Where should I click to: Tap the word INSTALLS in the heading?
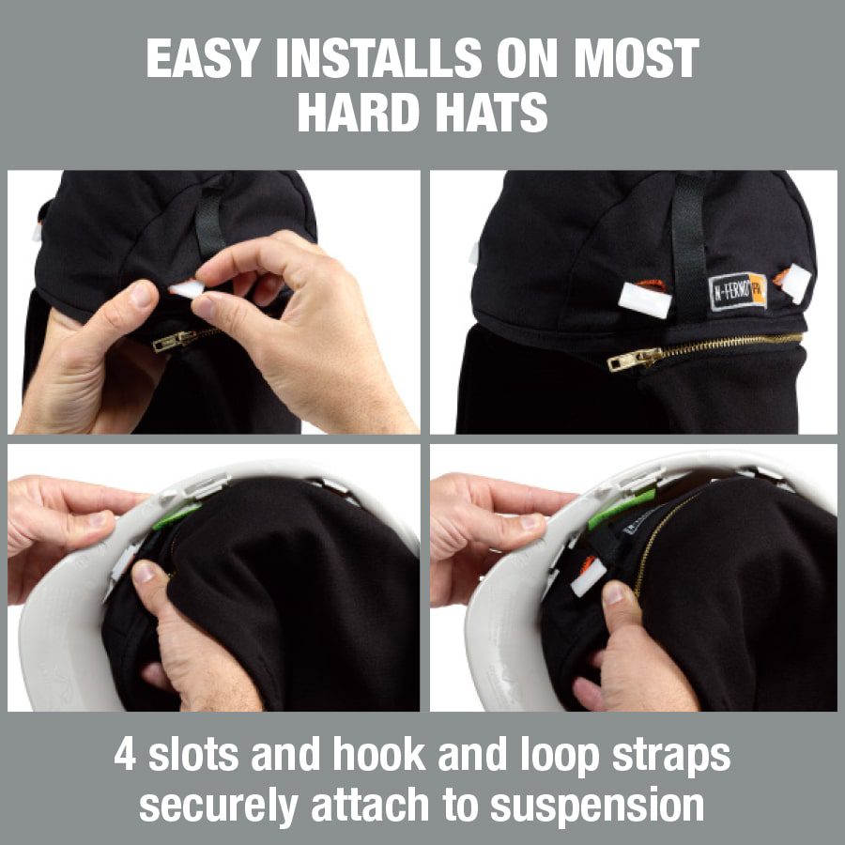click(x=378, y=58)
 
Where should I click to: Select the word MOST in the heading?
click(x=637, y=58)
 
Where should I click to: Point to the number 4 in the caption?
click(x=125, y=755)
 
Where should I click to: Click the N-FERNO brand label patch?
click(x=737, y=291)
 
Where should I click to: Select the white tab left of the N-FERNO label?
click(x=644, y=300)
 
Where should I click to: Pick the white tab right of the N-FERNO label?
click(x=795, y=282)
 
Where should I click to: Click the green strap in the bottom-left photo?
click(x=177, y=515)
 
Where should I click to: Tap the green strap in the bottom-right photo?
click(x=620, y=508)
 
